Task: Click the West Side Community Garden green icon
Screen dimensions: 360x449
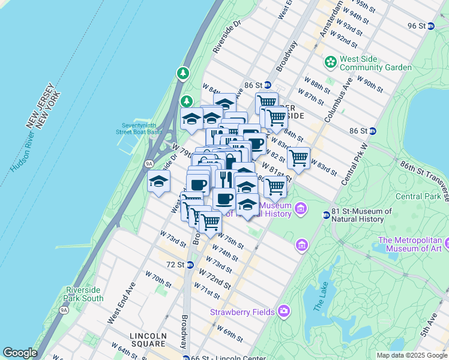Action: (x=330, y=62)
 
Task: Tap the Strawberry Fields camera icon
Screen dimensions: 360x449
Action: (x=283, y=311)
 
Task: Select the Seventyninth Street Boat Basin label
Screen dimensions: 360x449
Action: (x=139, y=129)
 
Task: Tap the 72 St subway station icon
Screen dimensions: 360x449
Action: (x=190, y=265)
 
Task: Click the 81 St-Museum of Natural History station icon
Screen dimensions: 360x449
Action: (x=327, y=214)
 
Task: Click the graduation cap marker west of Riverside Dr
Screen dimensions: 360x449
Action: (x=158, y=181)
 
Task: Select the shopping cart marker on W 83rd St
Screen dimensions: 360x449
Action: (x=298, y=158)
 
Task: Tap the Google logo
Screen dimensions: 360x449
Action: (x=20, y=353)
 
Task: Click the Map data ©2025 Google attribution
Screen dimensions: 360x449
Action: (x=411, y=355)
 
